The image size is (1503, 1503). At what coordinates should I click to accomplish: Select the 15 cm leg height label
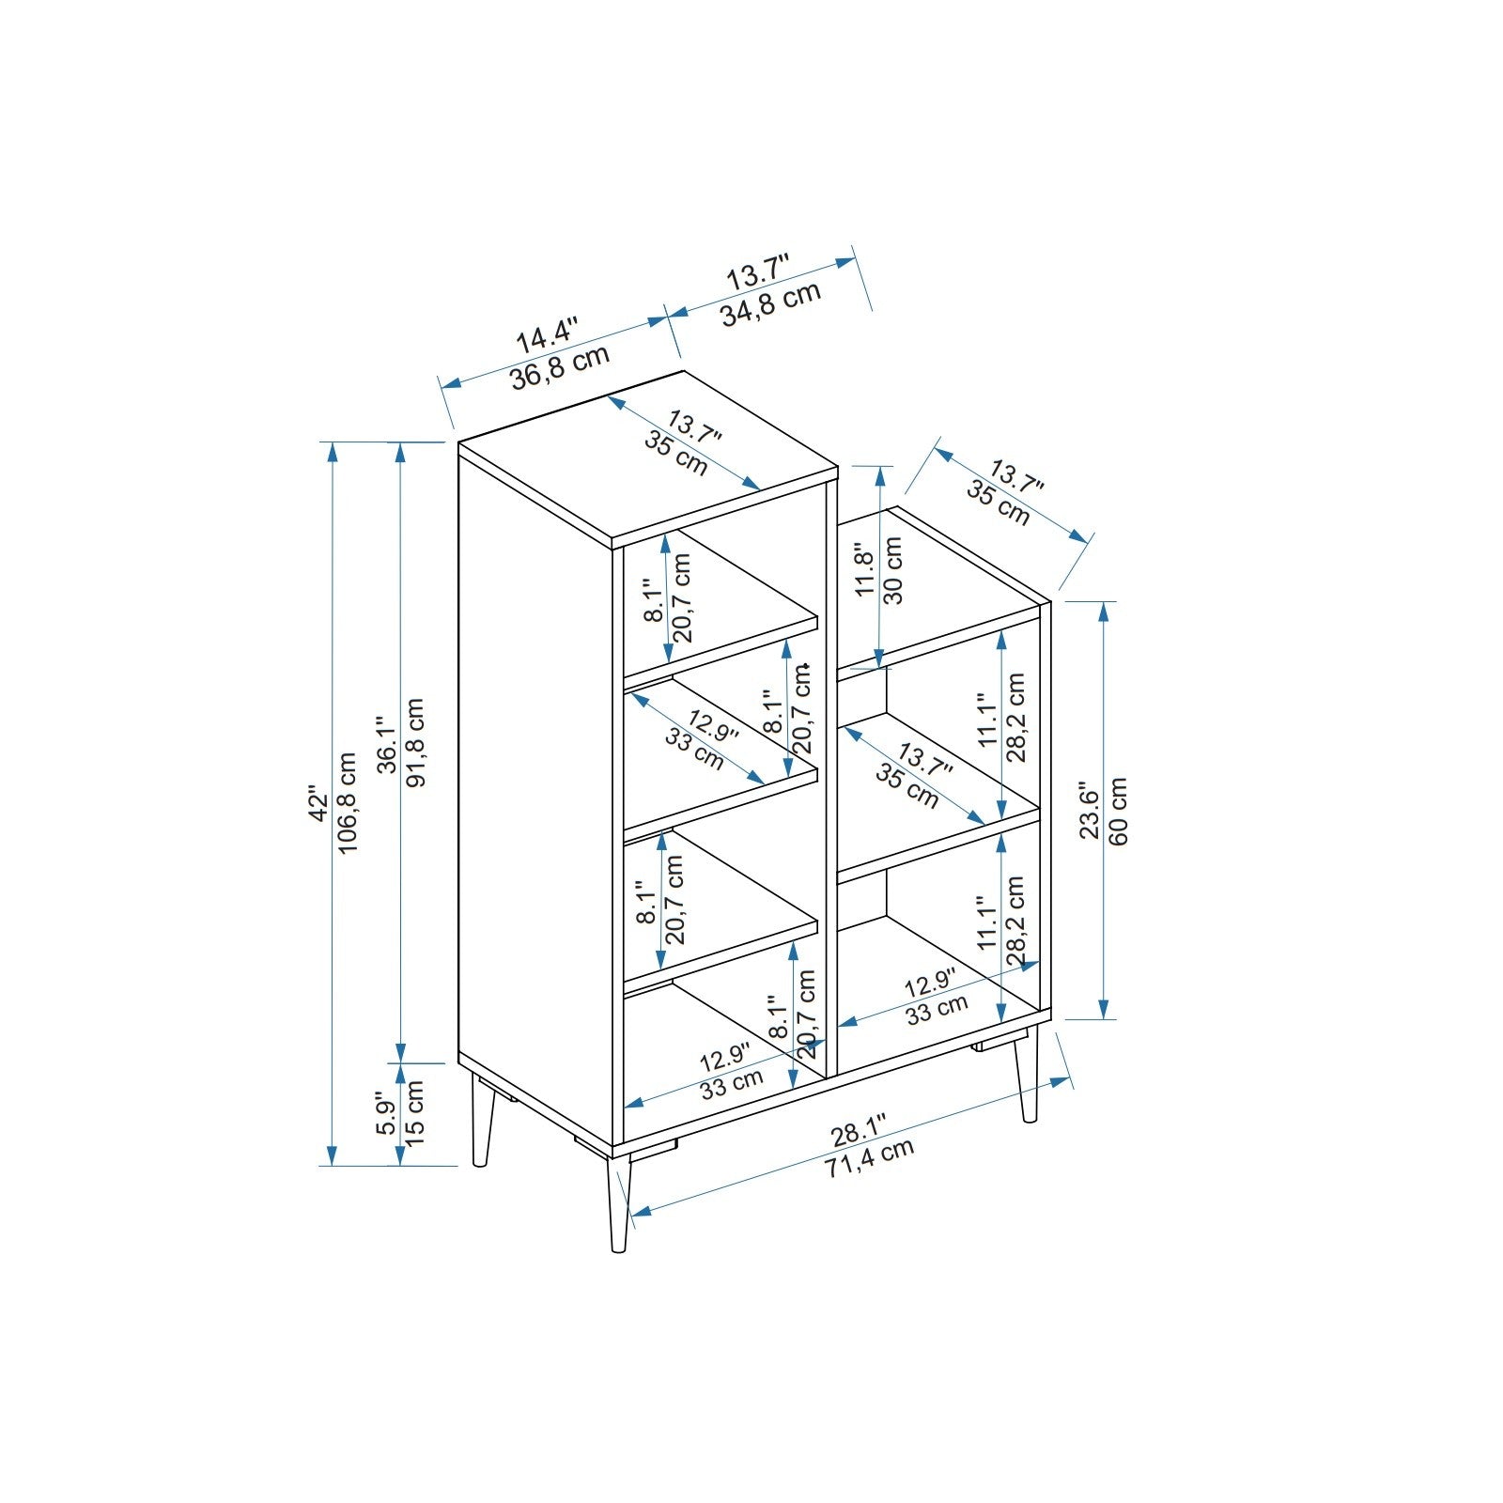click(x=415, y=1110)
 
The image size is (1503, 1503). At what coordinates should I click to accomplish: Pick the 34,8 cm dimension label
click(x=771, y=302)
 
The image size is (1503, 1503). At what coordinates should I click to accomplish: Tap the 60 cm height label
click(x=1118, y=811)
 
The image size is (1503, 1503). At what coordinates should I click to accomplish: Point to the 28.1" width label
click(x=859, y=1132)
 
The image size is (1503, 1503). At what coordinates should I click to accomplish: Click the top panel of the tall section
click(x=648, y=460)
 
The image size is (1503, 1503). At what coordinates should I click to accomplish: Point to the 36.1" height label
click(x=385, y=742)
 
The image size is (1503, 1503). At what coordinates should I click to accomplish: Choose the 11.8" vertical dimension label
click(x=864, y=569)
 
